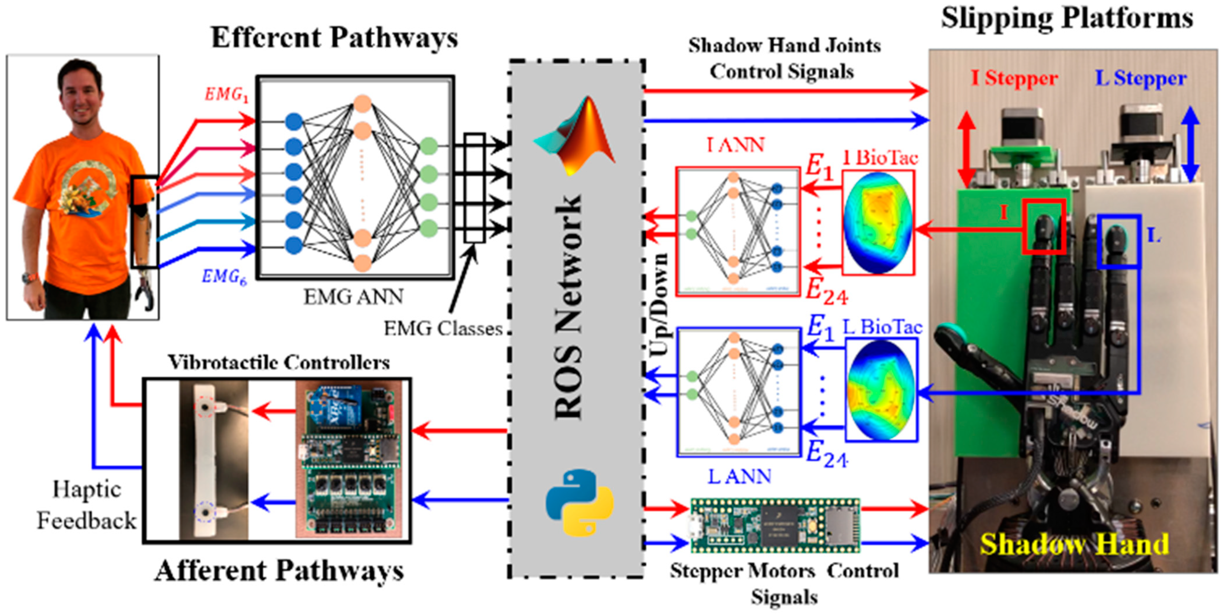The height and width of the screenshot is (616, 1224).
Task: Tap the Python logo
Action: [579, 502]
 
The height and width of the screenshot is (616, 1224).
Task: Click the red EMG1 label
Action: [227, 95]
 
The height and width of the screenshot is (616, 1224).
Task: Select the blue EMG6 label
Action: [224, 277]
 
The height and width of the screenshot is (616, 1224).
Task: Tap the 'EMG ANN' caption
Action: [353, 297]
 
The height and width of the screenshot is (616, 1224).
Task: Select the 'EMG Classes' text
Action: [443, 328]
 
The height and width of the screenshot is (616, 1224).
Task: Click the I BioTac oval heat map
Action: [878, 222]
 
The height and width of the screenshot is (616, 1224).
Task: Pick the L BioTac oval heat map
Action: [882, 389]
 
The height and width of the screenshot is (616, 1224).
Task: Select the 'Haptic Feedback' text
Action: [87, 505]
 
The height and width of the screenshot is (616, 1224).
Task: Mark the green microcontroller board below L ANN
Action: [775, 525]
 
